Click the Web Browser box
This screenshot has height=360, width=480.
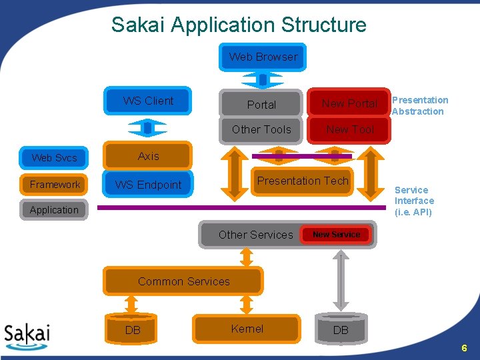[263, 57]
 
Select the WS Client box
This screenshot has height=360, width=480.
[148, 101]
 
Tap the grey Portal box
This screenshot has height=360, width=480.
[261, 104]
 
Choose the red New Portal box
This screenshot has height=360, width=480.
[349, 103]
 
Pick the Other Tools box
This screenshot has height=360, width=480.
[261, 130]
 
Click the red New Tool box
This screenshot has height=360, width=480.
[349, 130]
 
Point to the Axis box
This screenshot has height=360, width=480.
[148, 156]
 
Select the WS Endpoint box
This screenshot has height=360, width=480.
[148, 184]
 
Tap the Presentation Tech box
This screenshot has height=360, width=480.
[303, 181]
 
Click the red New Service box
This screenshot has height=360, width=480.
[336, 235]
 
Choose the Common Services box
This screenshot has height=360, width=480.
[183, 281]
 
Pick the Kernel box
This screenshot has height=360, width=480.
[247, 329]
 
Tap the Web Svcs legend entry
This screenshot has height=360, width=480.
[54, 158]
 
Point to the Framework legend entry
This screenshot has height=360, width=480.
[54, 184]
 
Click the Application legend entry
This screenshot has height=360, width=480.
[54, 210]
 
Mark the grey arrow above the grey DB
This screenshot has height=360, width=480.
[341, 281]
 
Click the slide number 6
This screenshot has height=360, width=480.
[465, 348]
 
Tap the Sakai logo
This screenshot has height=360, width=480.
[27, 337]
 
